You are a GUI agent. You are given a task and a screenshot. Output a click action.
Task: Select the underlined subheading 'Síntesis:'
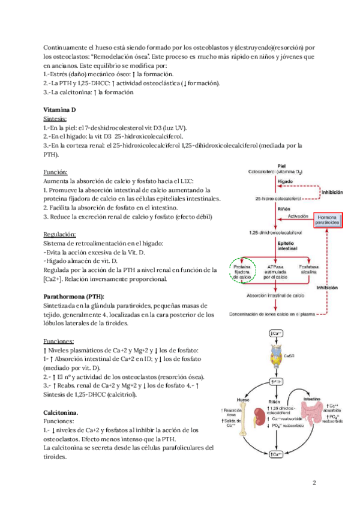pyautogui.click(x=59, y=119)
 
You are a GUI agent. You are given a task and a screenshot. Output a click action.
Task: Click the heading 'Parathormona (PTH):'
pyautogui.click(x=74, y=297)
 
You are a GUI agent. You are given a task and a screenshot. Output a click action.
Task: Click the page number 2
pyautogui.click(x=314, y=483)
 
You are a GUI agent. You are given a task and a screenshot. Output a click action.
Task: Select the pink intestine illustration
pyautogui.click(x=307, y=417)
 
